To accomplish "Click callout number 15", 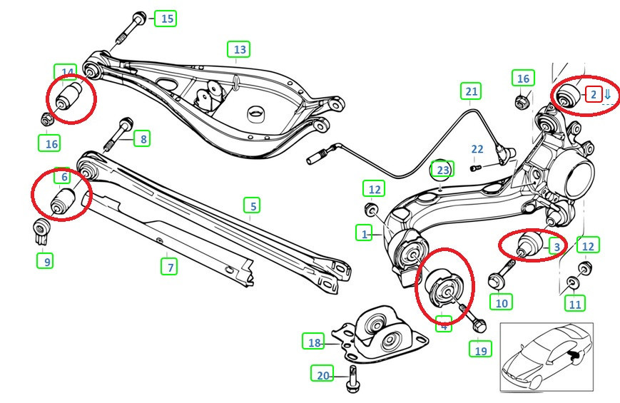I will click(167, 19).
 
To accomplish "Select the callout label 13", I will click(239, 49).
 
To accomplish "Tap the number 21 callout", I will click(471, 91).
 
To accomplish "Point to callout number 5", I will click(251, 205).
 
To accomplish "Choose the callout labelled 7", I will click(169, 267).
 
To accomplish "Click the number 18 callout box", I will click(315, 342).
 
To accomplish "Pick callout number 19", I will click(480, 350).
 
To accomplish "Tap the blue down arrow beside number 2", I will click(608, 94).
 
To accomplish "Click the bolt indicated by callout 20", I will click(352, 378).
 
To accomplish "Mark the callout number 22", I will click(477, 149).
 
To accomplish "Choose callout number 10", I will click(502, 302).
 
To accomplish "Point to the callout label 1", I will click(365, 233).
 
